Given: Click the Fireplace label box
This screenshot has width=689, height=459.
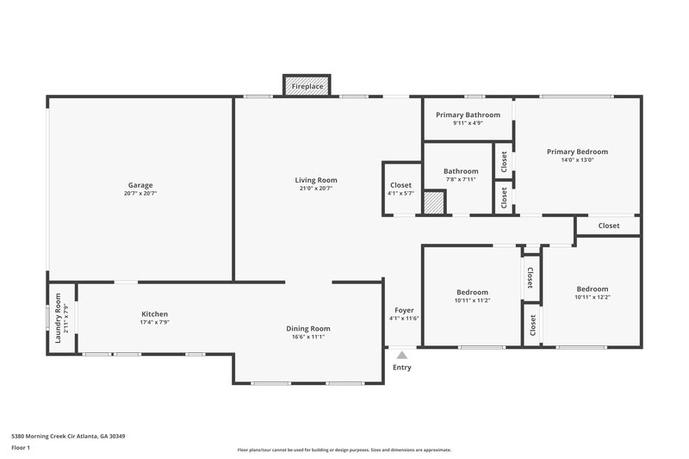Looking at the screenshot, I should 308,87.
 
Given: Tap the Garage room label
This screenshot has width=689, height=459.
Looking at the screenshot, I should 140,185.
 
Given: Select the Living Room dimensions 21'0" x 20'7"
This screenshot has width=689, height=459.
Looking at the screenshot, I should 315,188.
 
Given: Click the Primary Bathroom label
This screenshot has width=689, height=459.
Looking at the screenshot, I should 468,115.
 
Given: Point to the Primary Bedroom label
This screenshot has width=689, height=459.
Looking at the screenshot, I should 577,152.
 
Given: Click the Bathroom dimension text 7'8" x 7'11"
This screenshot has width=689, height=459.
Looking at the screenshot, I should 461,179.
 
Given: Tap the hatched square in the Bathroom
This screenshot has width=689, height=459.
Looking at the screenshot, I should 435,203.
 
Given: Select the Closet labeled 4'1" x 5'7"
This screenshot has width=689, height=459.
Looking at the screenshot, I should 401,185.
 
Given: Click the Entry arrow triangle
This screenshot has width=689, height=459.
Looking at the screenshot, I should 401,353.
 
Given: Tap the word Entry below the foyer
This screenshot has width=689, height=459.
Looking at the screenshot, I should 401,368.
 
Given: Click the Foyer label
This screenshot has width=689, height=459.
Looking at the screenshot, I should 404,310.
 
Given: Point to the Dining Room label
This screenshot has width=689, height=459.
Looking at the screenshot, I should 308,328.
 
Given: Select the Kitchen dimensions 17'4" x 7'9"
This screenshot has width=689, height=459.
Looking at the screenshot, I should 155,322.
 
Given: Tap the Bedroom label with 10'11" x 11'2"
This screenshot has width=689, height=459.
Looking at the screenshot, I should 472,292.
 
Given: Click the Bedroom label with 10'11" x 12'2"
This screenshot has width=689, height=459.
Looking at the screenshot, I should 592,289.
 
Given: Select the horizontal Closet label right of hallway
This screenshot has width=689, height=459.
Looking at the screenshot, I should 609,226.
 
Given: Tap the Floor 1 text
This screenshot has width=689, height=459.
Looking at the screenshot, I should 22,448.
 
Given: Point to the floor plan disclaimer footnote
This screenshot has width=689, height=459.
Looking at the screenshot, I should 344,450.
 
